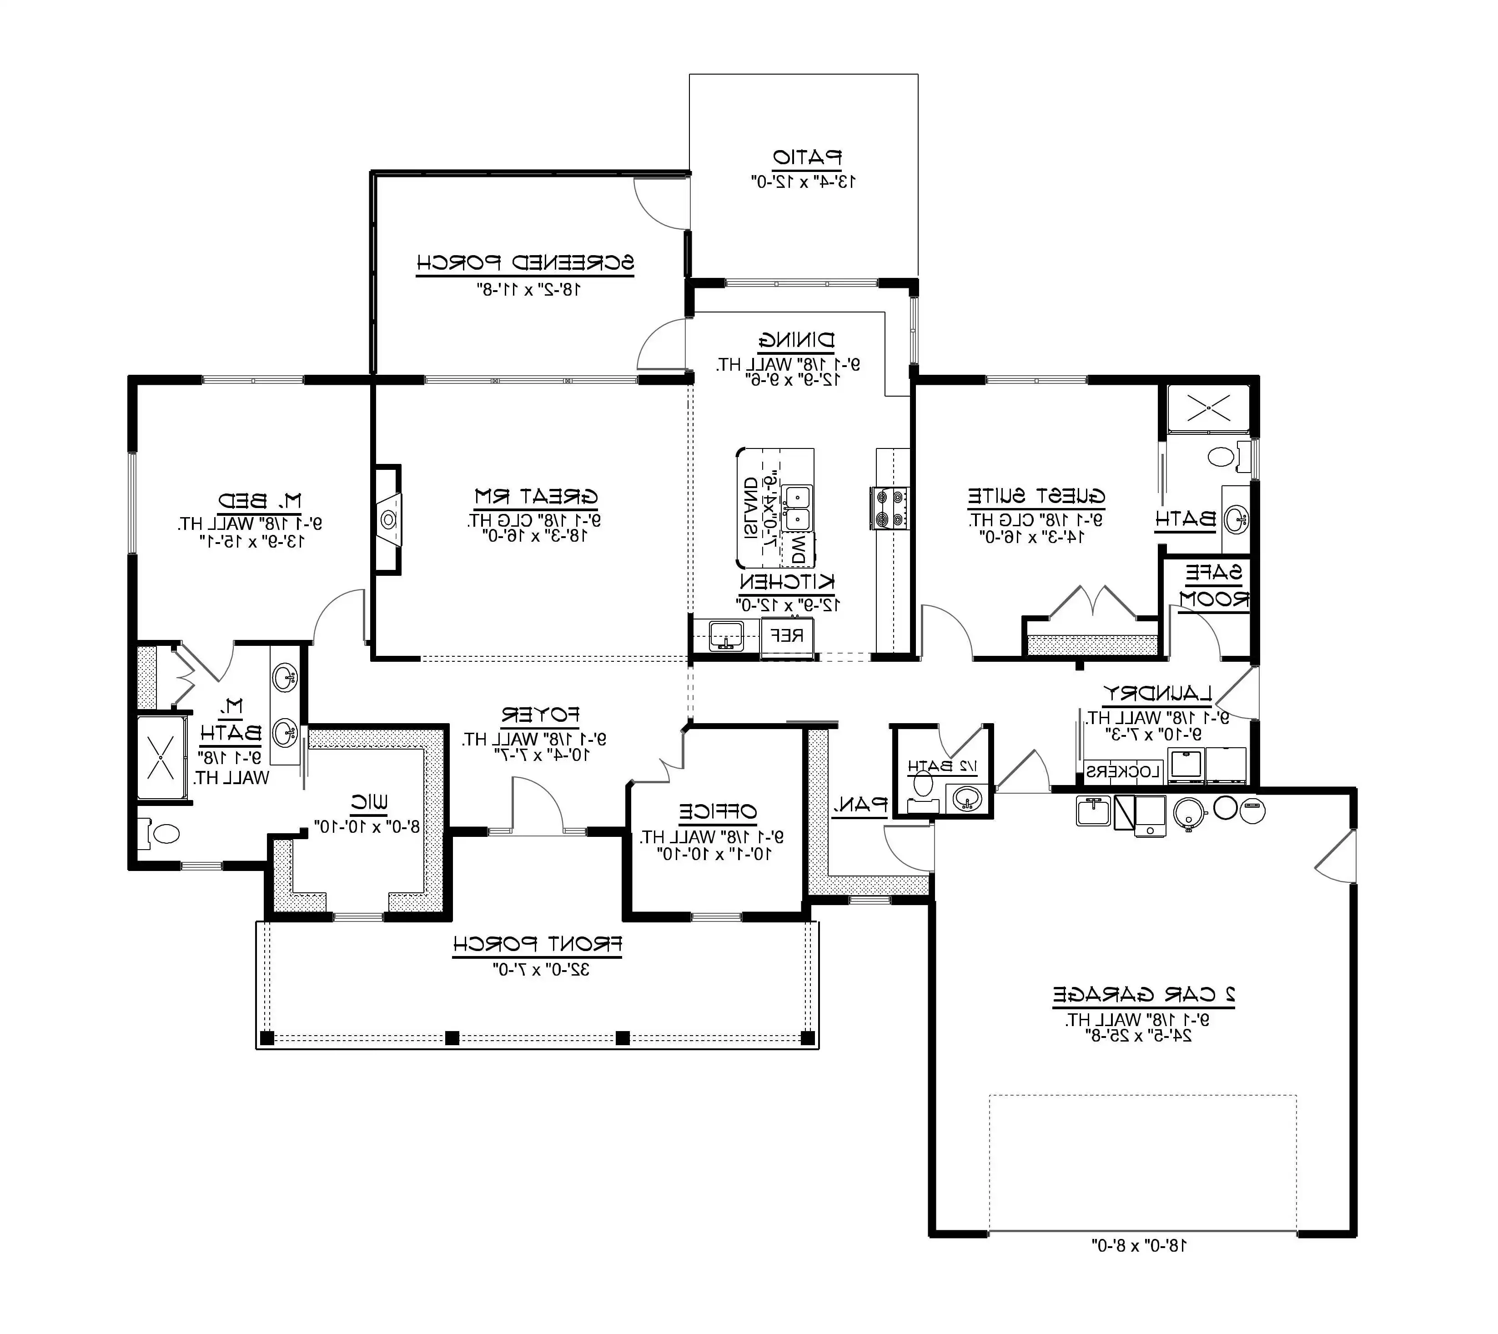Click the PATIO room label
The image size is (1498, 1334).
pos(807,157)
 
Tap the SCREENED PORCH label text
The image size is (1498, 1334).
pos(525,262)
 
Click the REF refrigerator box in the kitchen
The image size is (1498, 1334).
pos(788,635)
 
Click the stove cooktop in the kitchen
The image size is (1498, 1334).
pos(890,508)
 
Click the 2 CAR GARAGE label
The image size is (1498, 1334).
pos(1144,995)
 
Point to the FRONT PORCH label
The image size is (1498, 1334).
pos(537,944)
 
